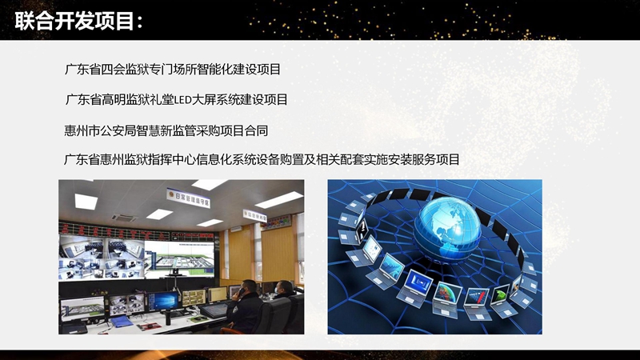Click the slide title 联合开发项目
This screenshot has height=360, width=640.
pos(75,22)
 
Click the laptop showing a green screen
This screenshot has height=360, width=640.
pos(502,293)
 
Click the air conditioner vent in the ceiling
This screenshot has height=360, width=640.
pos(124,216)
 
